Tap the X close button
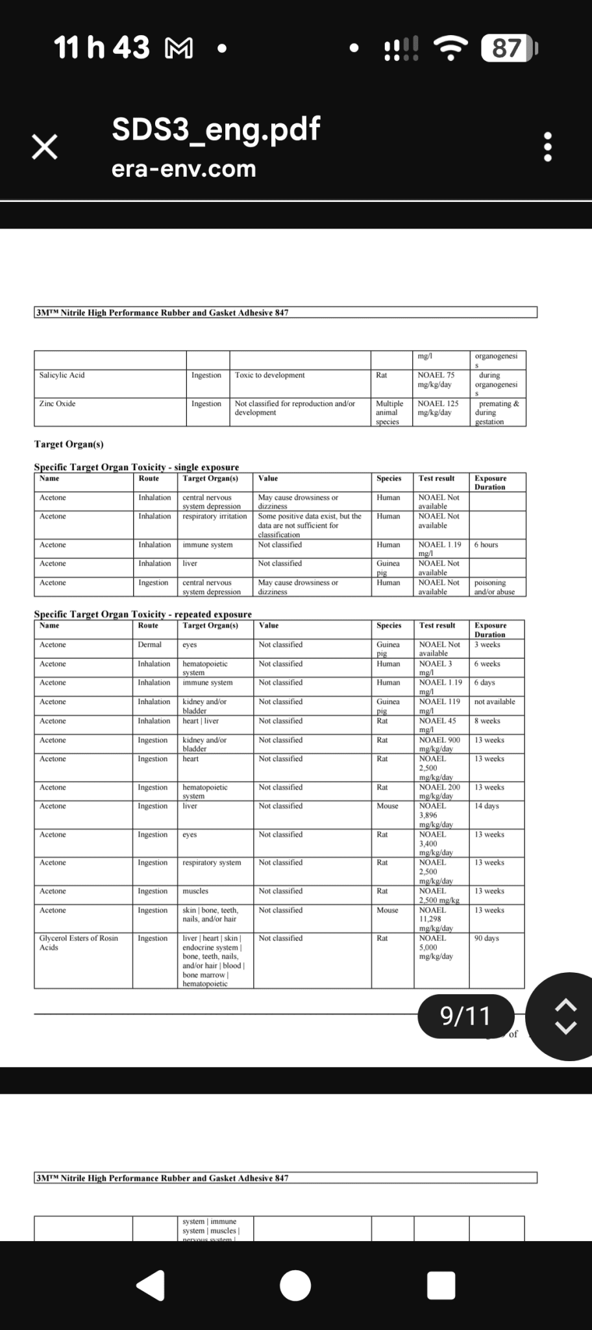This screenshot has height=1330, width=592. (45, 147)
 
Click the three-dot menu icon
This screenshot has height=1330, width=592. (548, 147)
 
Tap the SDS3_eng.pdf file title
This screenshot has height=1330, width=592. (216, 129)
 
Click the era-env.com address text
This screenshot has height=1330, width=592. (184, 169)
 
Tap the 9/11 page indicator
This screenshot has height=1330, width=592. (465, 1016)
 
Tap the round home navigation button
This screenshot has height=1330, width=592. (295, 1285)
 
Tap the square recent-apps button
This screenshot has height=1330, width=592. (441, 1285)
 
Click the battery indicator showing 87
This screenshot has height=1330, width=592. (507, 48)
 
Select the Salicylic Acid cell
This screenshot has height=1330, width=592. (62, 375)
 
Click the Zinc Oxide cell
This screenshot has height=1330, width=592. (58, 404)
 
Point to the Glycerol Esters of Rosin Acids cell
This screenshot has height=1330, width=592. (79, 942)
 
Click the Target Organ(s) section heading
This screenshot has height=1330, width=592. (69, 444)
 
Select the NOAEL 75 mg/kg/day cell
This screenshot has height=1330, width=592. (436, 380)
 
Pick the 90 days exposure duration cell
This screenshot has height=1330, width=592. (487, 938)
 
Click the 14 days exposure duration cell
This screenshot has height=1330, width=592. (487, 806)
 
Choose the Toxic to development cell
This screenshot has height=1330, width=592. (270, 375)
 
